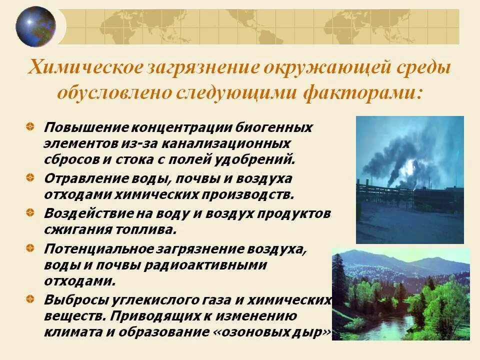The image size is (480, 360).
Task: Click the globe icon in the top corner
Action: pos(35,26)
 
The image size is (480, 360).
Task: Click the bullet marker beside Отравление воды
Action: pos(31,177)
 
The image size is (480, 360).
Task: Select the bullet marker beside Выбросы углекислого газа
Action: pos(31,299)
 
